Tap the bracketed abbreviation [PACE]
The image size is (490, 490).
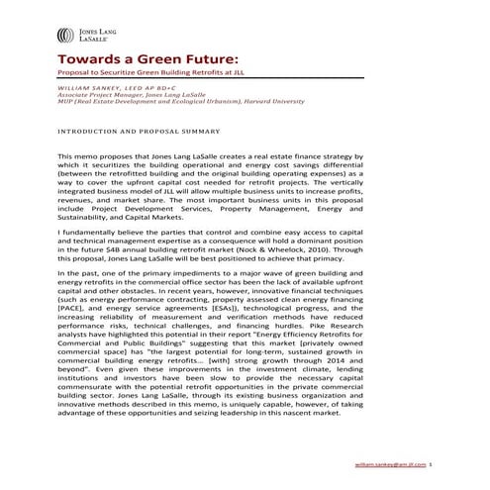75,311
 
